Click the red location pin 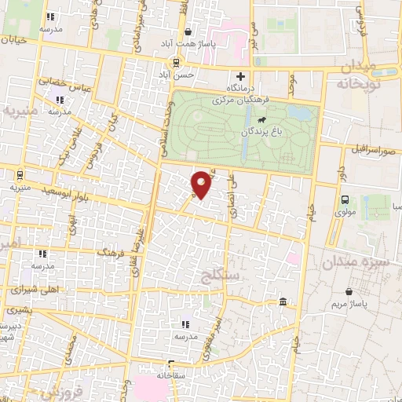click(202, 183)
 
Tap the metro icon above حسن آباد click(177, 63)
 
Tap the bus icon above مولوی click(345, 199)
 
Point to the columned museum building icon click(282, 302)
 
